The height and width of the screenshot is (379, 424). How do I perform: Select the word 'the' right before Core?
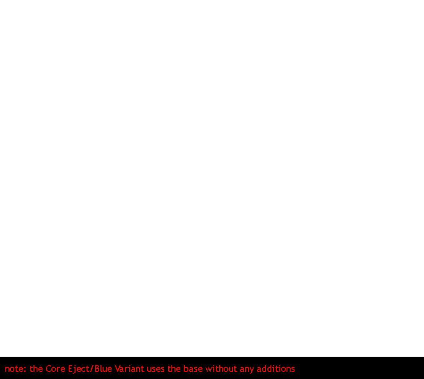[x=36, y=369]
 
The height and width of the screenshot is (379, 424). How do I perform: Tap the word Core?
[x=55, y=369]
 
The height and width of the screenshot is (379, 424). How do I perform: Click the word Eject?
[x=79, y=369]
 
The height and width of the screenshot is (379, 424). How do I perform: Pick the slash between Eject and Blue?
[x=91, y=369]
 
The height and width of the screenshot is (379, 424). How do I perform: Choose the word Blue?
[x=103, y=369]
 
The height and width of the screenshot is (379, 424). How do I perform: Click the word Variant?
[x=129, y=369]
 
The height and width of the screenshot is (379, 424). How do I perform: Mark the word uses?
[x=156, y=370]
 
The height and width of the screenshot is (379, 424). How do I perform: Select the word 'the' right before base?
[x=174, y=369]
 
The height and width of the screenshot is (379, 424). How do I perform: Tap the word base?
[x=193, y=369]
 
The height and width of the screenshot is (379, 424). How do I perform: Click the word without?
[x=221, y=369]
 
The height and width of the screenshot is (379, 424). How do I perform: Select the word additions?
[x=276, y=369]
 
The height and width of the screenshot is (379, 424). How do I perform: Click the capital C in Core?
[x=49, y=369]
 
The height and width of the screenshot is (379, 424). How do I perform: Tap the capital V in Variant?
[x=118, y=369]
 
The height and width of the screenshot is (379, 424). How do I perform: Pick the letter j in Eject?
[x=74, y=370]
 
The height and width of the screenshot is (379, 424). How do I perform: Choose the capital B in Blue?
[x=97, y=369]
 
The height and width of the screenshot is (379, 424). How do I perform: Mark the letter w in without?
[x=208, y=370]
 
